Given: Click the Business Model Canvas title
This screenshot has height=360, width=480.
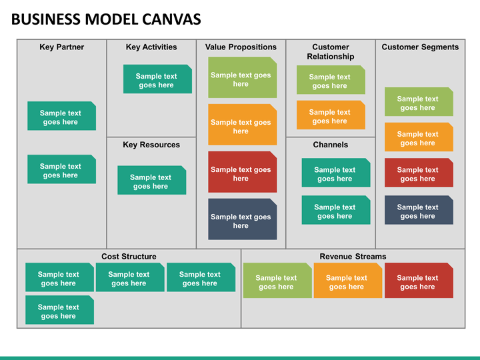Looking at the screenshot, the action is tap(106, 19).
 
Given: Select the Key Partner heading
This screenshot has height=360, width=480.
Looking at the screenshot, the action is tap(61, 47).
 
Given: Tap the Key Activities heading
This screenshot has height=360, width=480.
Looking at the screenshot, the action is tap(151, 47).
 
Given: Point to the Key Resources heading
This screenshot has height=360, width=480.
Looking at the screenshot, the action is tap(151, 145).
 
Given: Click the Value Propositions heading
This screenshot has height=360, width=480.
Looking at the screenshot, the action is tap(241, 47).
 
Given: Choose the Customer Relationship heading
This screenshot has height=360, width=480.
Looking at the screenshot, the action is tap(330, 52).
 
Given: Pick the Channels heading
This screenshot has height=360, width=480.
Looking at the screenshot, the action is tap(330, 145).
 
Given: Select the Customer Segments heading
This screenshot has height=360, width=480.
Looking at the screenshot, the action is tap(420, 47).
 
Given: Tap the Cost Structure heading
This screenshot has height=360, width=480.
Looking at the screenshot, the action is tap(129, 256).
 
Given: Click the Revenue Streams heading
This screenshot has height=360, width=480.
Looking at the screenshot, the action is tap(353, 256).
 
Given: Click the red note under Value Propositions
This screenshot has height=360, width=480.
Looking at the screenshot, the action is tap(243, 172).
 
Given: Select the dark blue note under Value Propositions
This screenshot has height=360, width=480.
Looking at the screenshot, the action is tap(243, 219).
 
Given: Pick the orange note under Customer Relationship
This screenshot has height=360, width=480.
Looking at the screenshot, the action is tap(331, 115).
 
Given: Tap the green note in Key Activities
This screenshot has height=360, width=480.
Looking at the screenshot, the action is tap(157, 79).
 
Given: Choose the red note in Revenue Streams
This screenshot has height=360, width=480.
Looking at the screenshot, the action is tap(419, 281).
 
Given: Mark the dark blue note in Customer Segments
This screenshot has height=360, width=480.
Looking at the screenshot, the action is tap(419, 210).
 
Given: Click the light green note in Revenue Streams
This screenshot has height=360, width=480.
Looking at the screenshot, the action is tap(277, 281).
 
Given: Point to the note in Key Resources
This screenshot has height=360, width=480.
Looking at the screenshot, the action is tap(152, 180).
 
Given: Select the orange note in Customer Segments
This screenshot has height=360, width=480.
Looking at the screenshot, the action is tap(419, 137).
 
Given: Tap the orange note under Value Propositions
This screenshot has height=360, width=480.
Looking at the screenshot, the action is tap(243, 125).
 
